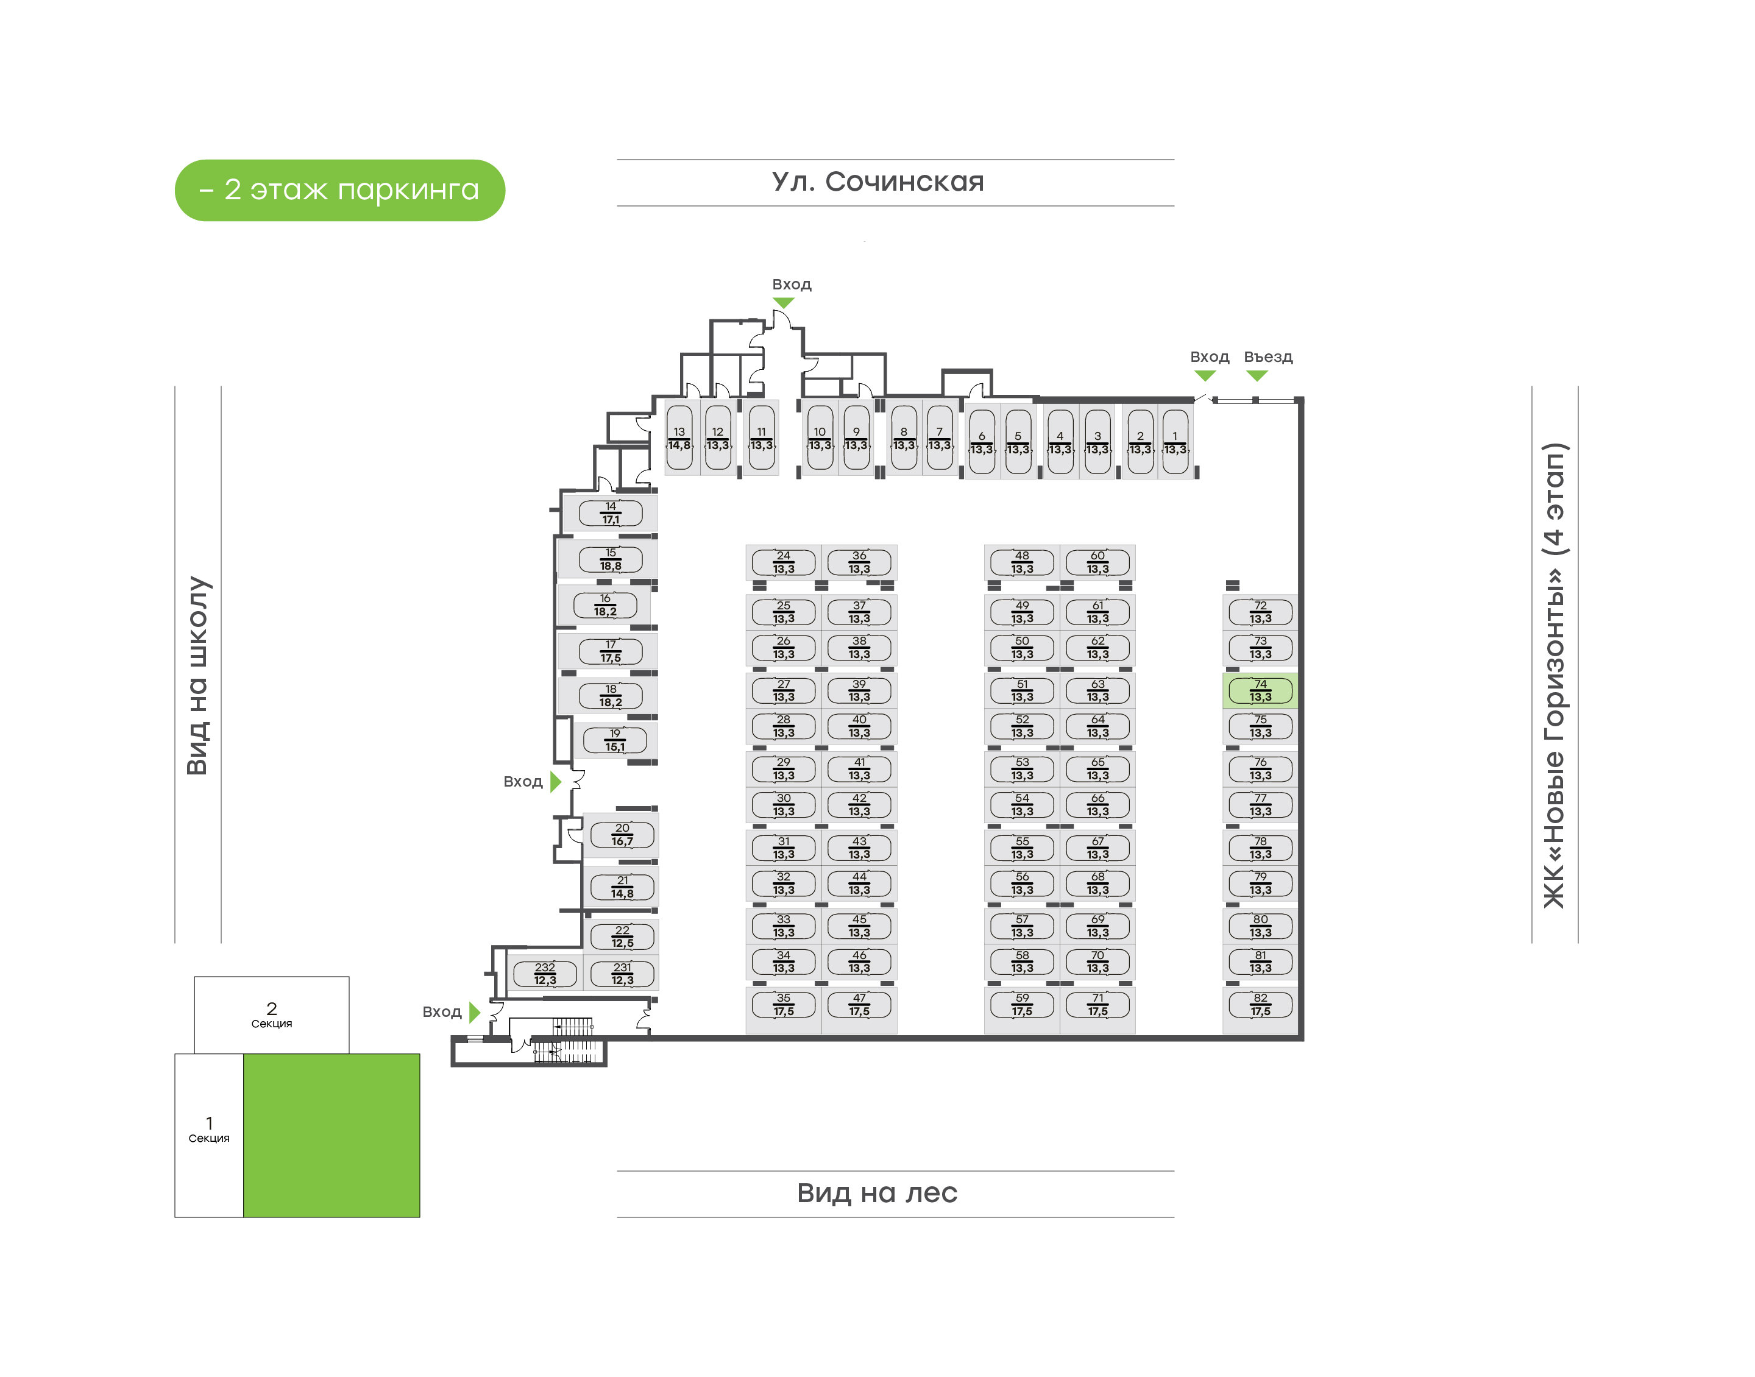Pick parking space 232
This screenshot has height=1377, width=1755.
(545, 974)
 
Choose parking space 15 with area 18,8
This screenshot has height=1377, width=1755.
(610, 559)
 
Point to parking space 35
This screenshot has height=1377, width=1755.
(783, 1005)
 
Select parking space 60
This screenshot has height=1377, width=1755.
(1097, 562)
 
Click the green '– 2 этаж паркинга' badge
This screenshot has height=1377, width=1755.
(339, 190)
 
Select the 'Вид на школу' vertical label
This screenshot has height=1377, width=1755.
(197, 676)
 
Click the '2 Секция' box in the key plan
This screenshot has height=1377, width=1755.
(272, 1015)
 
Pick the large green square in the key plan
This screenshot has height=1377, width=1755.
(331, 1135)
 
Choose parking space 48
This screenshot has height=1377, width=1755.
(1021, 562)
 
